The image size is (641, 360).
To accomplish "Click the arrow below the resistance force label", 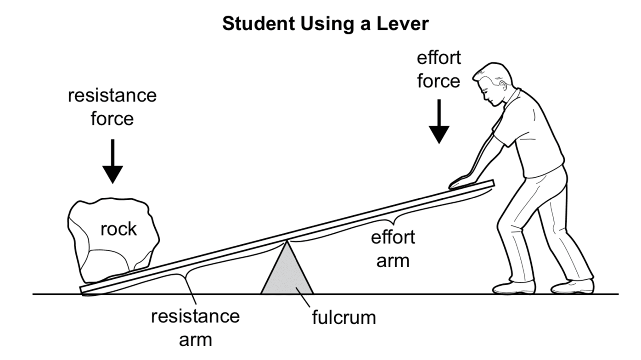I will pos(112,161).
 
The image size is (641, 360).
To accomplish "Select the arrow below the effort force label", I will pos(439,121).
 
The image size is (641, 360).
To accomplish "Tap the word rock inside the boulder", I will pos(118,229).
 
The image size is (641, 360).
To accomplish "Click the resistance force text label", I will pos(112,107).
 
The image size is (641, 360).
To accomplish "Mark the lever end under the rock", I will pos(85,289).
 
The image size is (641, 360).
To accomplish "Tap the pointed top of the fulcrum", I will pos(287,242).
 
